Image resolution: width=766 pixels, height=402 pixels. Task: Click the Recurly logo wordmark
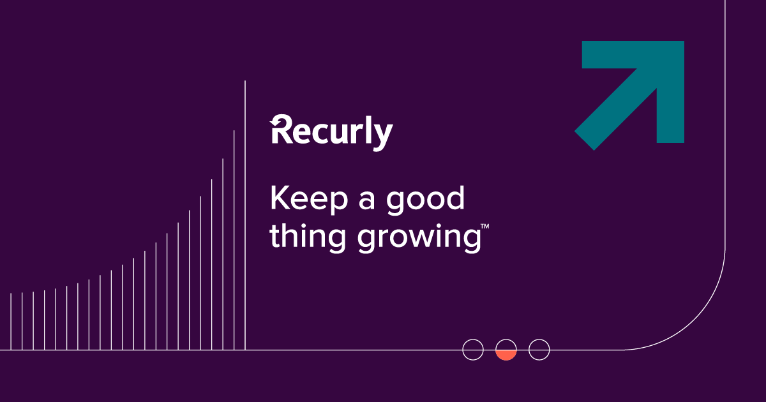tap(332, 133)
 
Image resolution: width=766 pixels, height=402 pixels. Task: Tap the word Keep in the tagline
tap(309, 199)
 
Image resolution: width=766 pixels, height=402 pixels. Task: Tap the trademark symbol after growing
tap(485, 227)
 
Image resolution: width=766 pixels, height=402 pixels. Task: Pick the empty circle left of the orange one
tap(473, 350)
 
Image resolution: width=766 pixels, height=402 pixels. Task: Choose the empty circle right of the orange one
tap(539, 350)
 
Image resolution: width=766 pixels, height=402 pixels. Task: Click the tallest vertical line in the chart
tap(245, 217)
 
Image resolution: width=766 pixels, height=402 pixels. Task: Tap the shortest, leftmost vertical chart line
tap(11, 322)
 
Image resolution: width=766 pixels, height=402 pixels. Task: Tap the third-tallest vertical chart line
tap(223, 255)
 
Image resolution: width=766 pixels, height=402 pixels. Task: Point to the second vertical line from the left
tap(22, 322)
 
